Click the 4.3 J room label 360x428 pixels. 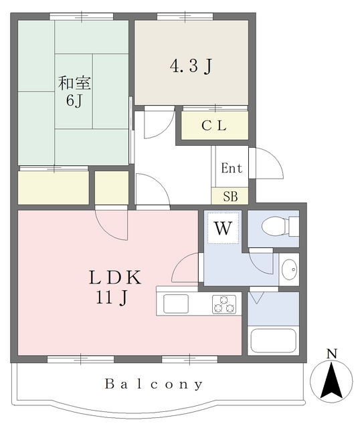click(191, 66)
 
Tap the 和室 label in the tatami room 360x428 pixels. click(74, 84)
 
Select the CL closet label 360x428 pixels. click(214, 126)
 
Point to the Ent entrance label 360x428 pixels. click(232, 168)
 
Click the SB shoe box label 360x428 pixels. click(230, 196)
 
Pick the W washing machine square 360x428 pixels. click(223, 229)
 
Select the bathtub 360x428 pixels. click(273, 340)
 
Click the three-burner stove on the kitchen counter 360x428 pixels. click(224, 304)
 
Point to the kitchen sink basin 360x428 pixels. click(175, 304)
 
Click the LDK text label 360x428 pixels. click(115, 278)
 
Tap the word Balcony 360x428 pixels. click(154, 385)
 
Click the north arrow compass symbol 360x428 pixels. click(331, 381)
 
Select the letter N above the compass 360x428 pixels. click(332, 354)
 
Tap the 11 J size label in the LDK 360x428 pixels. click(112, 298)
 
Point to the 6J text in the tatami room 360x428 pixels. click(74, 101)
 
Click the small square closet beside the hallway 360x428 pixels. click(112, 188)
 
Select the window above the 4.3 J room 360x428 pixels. click(185, 16)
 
